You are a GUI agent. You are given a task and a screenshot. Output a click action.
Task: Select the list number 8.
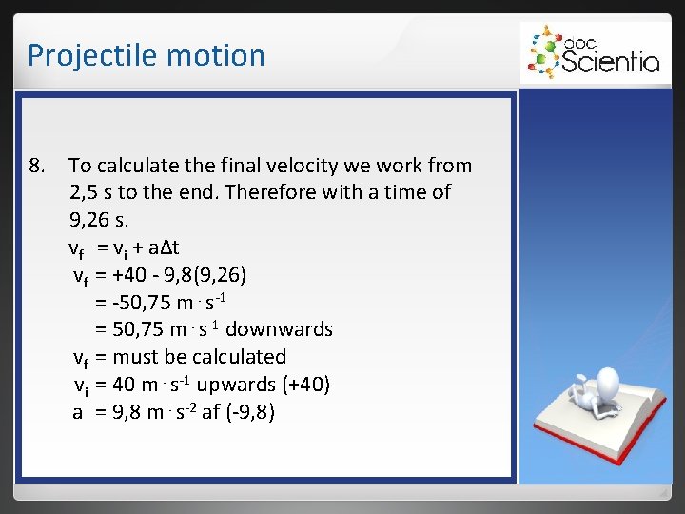37,166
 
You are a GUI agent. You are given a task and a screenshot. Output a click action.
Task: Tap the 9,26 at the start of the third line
91,220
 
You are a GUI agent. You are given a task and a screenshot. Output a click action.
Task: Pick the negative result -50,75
142,303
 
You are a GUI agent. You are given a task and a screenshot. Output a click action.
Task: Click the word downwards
280,330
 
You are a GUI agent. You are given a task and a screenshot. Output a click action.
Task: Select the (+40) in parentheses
306,385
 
